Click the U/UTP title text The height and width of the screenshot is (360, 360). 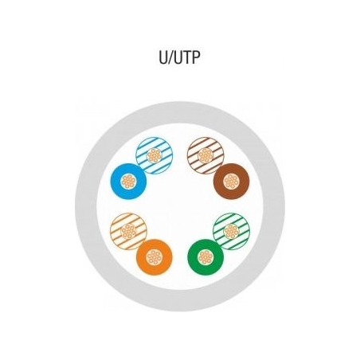(179, 57)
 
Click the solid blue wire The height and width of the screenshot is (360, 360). (128, 182)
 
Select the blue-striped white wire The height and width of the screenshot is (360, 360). (155, 155)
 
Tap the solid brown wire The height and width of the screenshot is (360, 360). (232, 182)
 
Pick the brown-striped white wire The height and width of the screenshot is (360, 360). (205, 155)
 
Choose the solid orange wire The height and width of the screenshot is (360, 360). (155, 257)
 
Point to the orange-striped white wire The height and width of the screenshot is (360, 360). (128, 231)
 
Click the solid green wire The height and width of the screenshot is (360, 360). (205, 257)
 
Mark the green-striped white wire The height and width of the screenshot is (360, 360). (232, 231)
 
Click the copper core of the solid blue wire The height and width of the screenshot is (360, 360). (128, 182)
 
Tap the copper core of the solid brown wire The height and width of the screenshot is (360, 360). (232, 182)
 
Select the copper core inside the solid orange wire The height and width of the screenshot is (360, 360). (155, 257)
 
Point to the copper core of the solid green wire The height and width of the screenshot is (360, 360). (205, 257)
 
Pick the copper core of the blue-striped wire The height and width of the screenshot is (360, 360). (155, 155)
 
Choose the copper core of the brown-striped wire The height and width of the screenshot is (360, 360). (205, 155)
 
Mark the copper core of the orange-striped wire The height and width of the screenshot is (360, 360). (128, 231)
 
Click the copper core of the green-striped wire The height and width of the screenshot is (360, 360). (232, 231)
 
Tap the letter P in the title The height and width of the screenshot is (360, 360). (195, 57)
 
